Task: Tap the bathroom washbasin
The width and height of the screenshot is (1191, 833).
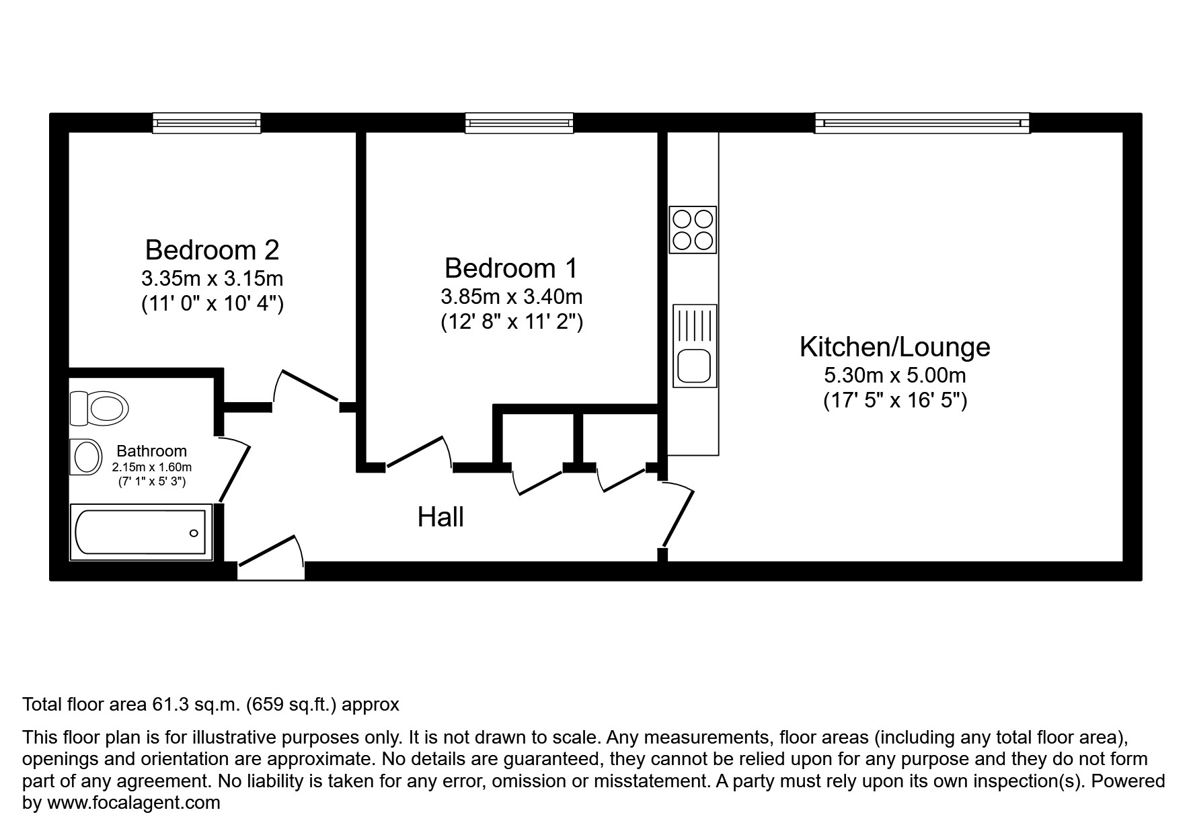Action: (x=85, y=457)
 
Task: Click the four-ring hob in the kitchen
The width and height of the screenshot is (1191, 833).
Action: (x=693, y=229)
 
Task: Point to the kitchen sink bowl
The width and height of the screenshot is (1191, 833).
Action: (x=694, y=367)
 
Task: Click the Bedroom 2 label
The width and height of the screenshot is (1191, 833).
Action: (x=212, y=250)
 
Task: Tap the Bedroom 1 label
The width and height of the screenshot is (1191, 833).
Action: (x=511, y=268)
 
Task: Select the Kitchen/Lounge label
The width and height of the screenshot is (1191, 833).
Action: (x=894, y=347)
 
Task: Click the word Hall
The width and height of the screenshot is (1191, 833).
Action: (x=440, y=517)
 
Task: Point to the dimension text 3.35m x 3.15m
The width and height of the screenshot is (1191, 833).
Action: (x=212, y=278)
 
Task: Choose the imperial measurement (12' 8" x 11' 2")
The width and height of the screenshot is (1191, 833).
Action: (x=511, y=322)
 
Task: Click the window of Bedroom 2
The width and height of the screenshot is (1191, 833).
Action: (x=206, y=123)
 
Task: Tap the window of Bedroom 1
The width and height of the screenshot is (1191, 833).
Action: (x=519, y=123)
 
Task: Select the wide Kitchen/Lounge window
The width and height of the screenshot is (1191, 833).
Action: (x=922, y=123)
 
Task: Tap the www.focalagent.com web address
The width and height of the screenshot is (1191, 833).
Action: (x=133, y=803)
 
